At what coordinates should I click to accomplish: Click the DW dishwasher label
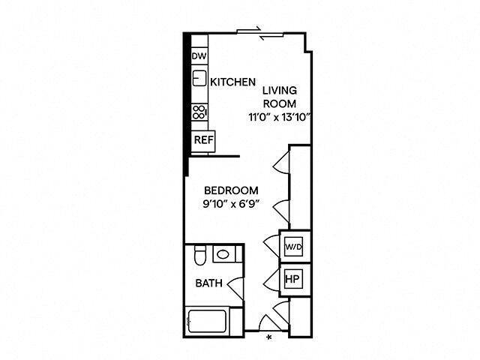(x=199, y=56)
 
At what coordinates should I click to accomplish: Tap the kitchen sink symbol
(x=199, y=77)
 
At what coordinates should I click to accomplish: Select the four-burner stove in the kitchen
(x=199, y=112)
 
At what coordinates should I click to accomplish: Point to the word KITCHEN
(x=233, y=82)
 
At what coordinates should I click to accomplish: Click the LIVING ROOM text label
(x=280, y=97)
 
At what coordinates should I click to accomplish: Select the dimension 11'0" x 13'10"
(x=280, y=117)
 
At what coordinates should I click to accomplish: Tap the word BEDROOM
(x=232, y=190)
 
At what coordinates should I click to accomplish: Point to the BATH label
(x=208, y=283)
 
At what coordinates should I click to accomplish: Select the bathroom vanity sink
(x=223, y=255)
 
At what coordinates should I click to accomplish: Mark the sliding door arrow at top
(x=256, y=31)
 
